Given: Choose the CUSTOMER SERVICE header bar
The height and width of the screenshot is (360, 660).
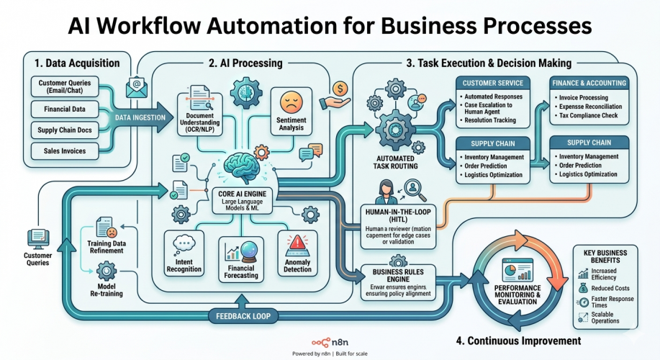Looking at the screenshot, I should point(492,84).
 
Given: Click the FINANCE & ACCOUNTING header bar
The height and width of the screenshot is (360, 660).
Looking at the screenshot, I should point(589,84).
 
